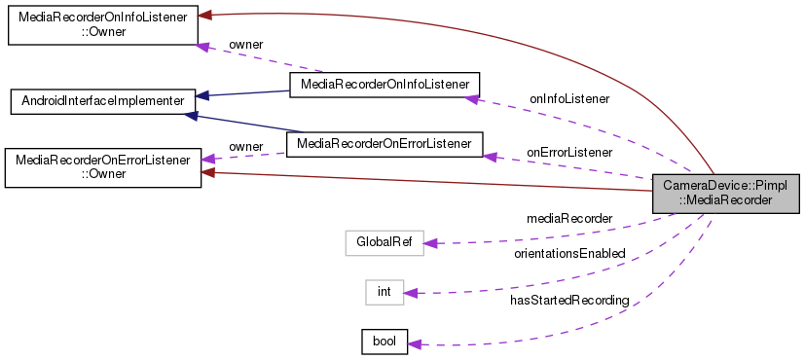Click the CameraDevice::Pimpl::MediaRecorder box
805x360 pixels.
pos(726,192)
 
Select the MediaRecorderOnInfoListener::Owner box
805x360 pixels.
pos(103,23)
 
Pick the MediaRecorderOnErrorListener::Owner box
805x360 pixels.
pos(103,166)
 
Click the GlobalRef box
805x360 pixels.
pos(385,241)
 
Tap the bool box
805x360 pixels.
pos(384,342)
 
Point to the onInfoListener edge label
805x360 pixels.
pos(569,98)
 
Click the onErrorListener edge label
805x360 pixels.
pos(569,152)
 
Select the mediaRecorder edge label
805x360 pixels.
pos(569,218)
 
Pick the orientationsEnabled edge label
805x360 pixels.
pos(569,253)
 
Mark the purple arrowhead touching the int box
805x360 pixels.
pos(411,292)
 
